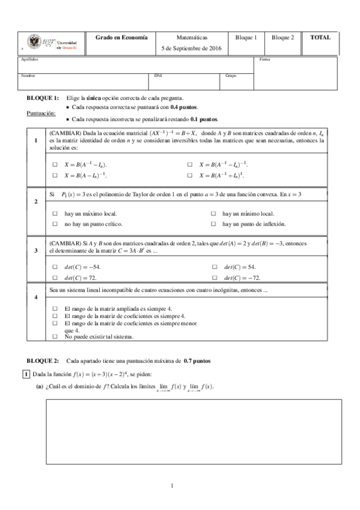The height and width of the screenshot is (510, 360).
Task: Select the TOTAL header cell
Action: pos(320,37)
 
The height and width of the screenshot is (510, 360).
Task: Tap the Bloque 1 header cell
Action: pos(246,37)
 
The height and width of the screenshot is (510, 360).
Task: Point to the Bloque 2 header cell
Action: pos(282,37)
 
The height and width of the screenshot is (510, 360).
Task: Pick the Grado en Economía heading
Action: pos(121,37)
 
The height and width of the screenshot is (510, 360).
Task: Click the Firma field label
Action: pos(264,60)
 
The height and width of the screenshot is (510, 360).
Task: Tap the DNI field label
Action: pos(157,76)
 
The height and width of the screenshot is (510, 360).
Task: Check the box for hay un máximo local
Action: pos(55,214)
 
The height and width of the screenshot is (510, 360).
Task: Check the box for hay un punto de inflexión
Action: pos(214,224)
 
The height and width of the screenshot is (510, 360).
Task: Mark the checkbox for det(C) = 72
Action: pos(55,278)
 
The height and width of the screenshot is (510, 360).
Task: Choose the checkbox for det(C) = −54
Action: pos(55,266)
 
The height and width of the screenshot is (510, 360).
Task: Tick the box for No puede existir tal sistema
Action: pos(55,337)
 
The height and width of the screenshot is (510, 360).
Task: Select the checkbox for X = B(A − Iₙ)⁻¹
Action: pos(55,175)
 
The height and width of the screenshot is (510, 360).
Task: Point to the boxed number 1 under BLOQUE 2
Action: pos(25,374)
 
